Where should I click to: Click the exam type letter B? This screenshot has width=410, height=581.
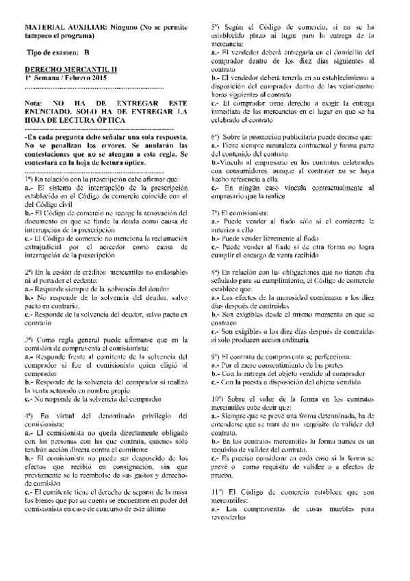[87, 52]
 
